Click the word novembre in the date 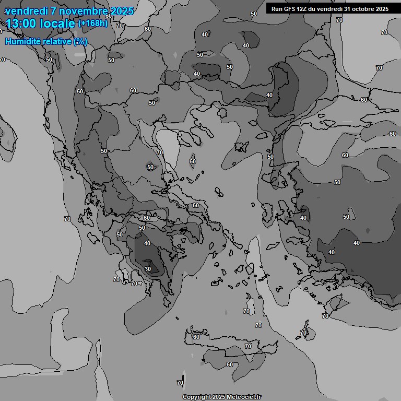point(77,11)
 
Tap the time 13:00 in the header point(21,23)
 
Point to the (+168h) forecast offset point(92,23)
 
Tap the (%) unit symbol point(80,41)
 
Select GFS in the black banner point(290,9)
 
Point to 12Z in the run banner point(304,9)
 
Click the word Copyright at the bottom point(196,397)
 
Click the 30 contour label point(148,269)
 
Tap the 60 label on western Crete point(196,337)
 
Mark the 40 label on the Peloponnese point(147,243)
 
